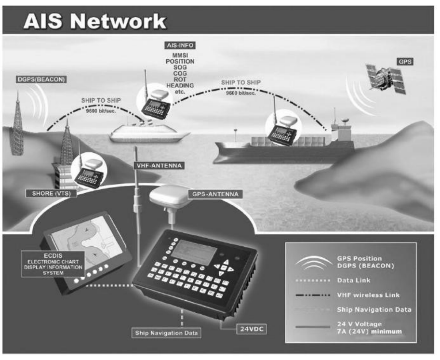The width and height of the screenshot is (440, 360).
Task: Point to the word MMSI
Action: click(x=179, y=56)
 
